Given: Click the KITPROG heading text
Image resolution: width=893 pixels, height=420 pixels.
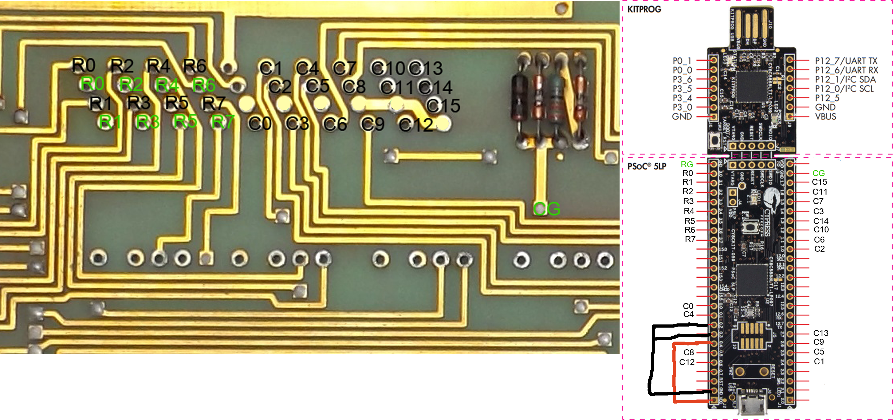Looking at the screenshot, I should pos(644,9).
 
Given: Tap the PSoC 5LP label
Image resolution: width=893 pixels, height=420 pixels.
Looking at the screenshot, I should pos(646,166).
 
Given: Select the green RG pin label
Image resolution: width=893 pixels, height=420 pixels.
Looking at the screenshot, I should pos(687,164).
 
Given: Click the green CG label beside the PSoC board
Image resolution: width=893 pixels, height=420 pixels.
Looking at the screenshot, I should pos(819,173).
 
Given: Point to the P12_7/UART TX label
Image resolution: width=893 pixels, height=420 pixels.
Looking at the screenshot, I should pos(846,61).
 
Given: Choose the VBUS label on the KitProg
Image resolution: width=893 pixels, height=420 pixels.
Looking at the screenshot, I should pos(826,117).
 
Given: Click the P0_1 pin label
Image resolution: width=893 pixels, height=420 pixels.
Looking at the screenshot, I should pos(682,61).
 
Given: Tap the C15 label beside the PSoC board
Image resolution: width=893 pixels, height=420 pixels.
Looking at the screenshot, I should pos(819,182).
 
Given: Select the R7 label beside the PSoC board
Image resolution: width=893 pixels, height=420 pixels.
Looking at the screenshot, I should pos(690,239).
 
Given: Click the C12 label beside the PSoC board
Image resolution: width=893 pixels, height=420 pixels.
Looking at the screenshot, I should pos(687,362).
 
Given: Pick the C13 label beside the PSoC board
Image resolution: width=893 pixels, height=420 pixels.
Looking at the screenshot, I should pos(821,333).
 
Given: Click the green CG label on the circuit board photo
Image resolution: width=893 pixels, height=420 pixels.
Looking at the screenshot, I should pos(547,209).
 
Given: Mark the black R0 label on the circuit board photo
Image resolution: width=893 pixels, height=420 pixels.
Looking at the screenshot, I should pos(84,65).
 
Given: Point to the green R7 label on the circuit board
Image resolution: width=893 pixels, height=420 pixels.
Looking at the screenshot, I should pos(223,122).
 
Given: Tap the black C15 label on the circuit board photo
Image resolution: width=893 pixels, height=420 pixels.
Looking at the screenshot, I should pos(443,106).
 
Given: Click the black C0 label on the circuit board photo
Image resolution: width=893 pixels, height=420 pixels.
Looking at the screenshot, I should pos(260,124).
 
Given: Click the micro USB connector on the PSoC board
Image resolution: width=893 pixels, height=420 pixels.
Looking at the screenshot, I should pos(750,405).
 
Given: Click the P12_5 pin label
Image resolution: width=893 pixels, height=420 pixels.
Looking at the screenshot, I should pos(827,98).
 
